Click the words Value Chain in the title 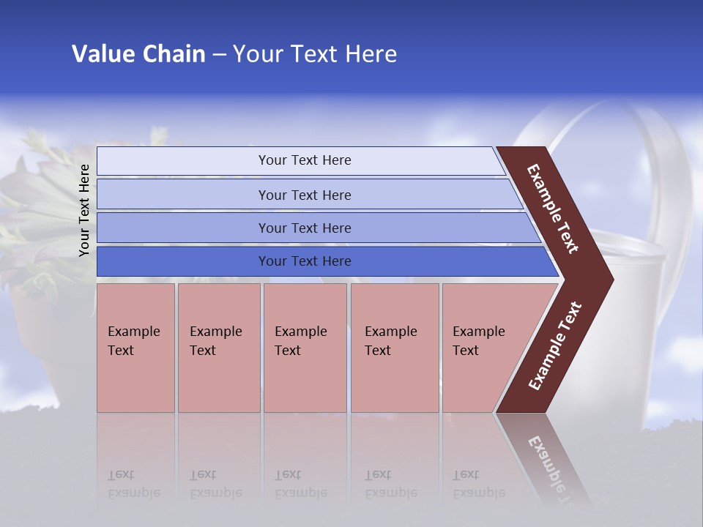click(138, 54)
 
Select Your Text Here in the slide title click(315, 54)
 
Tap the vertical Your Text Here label click(84, 210)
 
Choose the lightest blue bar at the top click(304, 160)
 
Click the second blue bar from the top click(304, 195)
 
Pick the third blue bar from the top click(304, 228)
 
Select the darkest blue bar click(304, 261)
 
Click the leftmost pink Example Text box click(135, 348)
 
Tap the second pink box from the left click(218, 348)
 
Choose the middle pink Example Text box click(305, 348)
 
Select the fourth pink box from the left click(394, 348)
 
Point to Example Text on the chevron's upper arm click(553, 209)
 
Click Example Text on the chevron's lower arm click(554, 346)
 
